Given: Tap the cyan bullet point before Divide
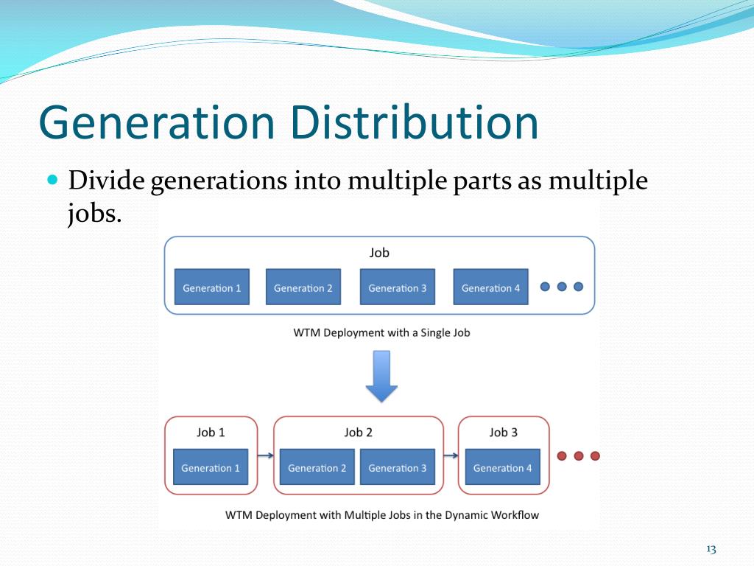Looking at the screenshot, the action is coord(52,180).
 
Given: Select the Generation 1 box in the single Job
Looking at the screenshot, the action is coord(211,287).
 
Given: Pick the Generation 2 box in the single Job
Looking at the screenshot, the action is coord(303,287).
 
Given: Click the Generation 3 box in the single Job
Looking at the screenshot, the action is coord(397,287).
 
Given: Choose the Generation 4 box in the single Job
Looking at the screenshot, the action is coord(490,287).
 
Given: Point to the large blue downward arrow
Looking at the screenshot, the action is coord(381,376).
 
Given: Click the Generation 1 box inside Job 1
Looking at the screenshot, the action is coord(211,467).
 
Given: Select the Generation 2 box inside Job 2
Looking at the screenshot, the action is coord(317,467).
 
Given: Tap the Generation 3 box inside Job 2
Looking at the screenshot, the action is coord(397,467).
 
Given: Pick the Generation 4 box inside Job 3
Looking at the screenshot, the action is coord(502,467).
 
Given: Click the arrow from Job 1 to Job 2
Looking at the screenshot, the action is coord(266,455).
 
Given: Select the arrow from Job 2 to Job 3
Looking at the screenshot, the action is coord(451,455).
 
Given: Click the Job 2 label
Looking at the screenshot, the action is coord(359,433).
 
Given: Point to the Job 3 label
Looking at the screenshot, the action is coord(504,433).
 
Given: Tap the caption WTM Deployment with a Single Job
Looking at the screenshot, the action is coord(381,332).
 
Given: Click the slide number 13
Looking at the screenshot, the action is coord(711,549).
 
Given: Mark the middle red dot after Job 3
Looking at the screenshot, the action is coord(579,455).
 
